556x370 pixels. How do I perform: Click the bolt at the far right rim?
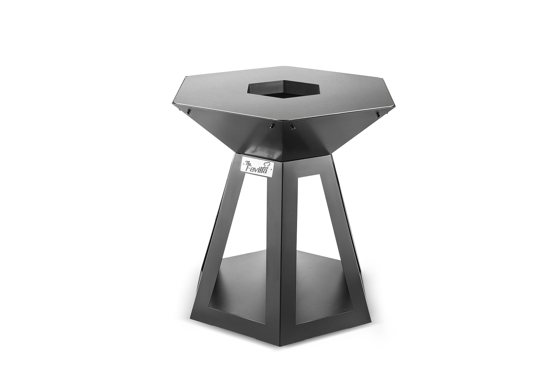[x=378, y=115]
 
